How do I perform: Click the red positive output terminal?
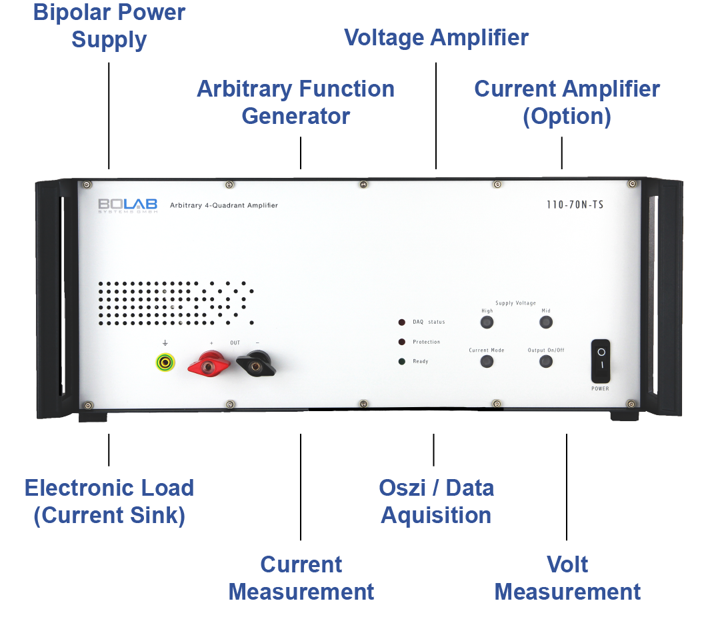[x=211, y=364]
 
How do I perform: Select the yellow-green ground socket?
[x=165, y=362]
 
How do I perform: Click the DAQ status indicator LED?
[x=402, y=322]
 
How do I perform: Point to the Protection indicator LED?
[x=402, y=342]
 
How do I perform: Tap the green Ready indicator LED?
[x=402, y=362]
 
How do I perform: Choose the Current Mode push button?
[x=487, y=362]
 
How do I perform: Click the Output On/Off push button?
[x=546, y=362]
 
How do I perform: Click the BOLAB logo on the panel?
[x=127, y=205]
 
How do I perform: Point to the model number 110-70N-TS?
[x=573, y=205]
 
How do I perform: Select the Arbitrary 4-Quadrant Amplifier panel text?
[x=223, y=205]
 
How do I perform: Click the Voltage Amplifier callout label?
[x=436, y=37]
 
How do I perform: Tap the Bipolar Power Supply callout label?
[x=109, y=25]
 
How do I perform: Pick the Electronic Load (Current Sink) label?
[x=109, y=501]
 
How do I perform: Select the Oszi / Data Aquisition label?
[x=436, y=501]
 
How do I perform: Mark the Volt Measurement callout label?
[x=567, y=578]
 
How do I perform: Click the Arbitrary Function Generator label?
[x=295, y=102]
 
